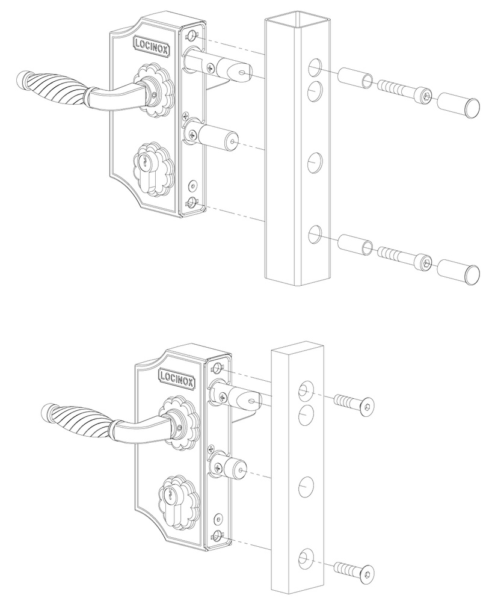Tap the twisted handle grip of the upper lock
pyautogui.click(x=53, y=91)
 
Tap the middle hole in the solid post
pyautogui.click(x=307, y=485)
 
